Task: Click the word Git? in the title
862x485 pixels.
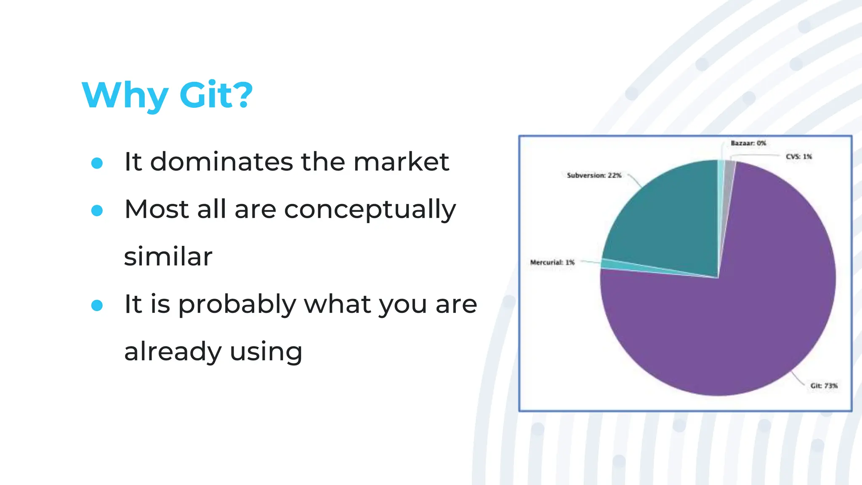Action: (x=216, y=95)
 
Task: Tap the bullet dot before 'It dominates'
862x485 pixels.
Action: (x=97, y=163)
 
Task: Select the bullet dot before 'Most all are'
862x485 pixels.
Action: (x=97, y=211)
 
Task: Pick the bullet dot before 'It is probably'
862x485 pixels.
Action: (x=97, y=305)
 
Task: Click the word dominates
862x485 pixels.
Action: (x=221, y=162)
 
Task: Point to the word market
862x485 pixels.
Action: (x=401, y=162)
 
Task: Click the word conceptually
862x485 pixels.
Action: (x=370, y=210)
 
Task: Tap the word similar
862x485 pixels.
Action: (x=168, y=257)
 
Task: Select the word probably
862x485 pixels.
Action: (x=237, y=305)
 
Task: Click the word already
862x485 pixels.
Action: (x=173, y=352)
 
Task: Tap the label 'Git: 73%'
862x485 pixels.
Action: (x=824, y=386)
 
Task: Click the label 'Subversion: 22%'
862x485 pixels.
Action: (x=594, y=175)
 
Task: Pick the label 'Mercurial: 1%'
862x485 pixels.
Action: (x=552, y=262)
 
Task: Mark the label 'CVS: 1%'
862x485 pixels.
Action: (x=798, y=157)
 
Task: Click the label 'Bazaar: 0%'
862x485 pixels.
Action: (x=748, y=143)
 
